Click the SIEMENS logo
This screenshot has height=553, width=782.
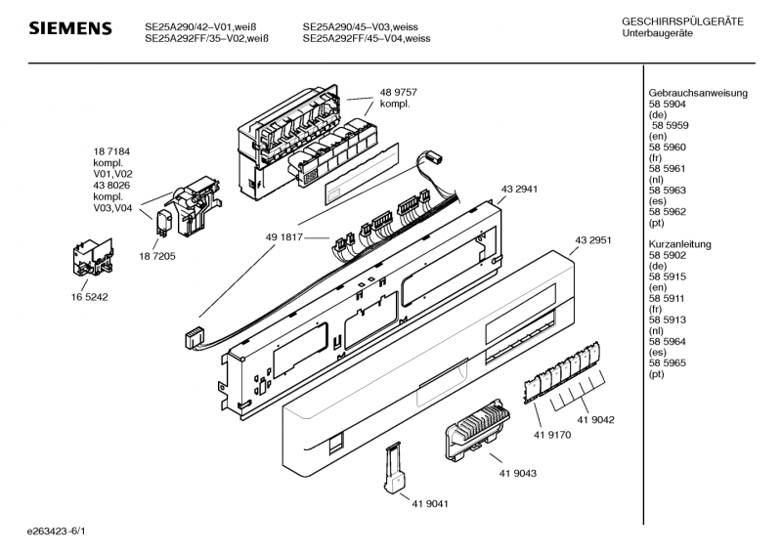(x=70, y=28)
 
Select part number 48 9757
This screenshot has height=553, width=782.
(x=399, y=92)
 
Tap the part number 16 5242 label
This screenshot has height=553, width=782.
(x=89, y=297)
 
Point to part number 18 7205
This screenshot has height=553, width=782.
(x=157, y=256)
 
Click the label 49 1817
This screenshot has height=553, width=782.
(x=284, y=237)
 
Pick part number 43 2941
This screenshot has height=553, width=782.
(x=520, y=189)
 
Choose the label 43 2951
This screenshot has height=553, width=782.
(x=593, y=240)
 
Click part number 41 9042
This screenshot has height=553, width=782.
(x=596, y=420)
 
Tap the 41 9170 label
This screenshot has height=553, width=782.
(x=552, y=435)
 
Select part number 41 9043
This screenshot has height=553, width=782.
(x=518, y=473)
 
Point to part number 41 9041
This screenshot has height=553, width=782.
(x=430, y=504)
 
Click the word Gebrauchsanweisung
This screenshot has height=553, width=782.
(x=698, y=93)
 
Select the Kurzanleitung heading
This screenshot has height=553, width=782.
(x=679, y=244)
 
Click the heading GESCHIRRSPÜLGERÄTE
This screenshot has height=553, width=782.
(x=682, y=21)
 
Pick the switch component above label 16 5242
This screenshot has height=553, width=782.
(x=93, y=257)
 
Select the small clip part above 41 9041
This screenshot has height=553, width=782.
(x=395, y=469)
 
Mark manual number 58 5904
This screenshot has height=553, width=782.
(x=668, y=105)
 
